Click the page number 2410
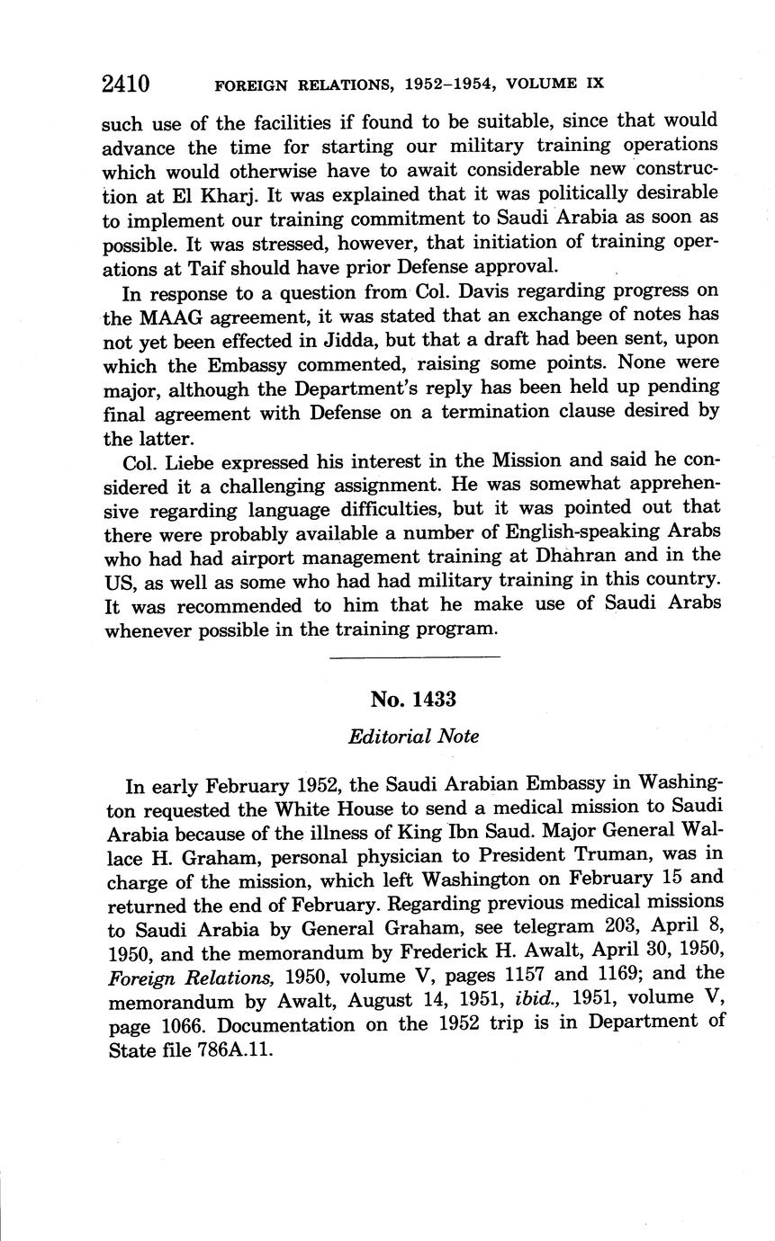[125, 85]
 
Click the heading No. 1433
[413, 700]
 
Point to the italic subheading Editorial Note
[413, 737]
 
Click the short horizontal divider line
[415, 658]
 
